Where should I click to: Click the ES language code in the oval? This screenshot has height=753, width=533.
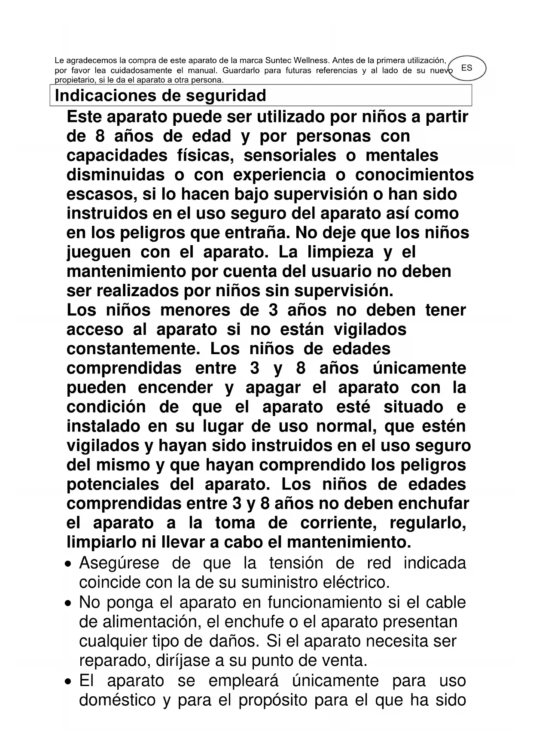[x=467, y=68]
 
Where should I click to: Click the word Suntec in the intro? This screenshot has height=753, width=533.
[x=278, y=61]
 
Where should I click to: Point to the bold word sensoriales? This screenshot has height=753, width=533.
[x=290, y=155]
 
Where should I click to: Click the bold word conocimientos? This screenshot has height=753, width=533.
[x=414, y=175]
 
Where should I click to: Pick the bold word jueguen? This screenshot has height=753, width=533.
[x=98, y=252]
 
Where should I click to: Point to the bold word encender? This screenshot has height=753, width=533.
[x=175, y=387]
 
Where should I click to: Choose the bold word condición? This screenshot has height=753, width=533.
[x=106, y=407]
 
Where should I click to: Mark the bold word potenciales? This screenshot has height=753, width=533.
[x=113, y=484]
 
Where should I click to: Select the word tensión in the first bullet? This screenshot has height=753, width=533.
[x=296, y=563]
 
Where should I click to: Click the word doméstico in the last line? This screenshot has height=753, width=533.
[x=117, y=700]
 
